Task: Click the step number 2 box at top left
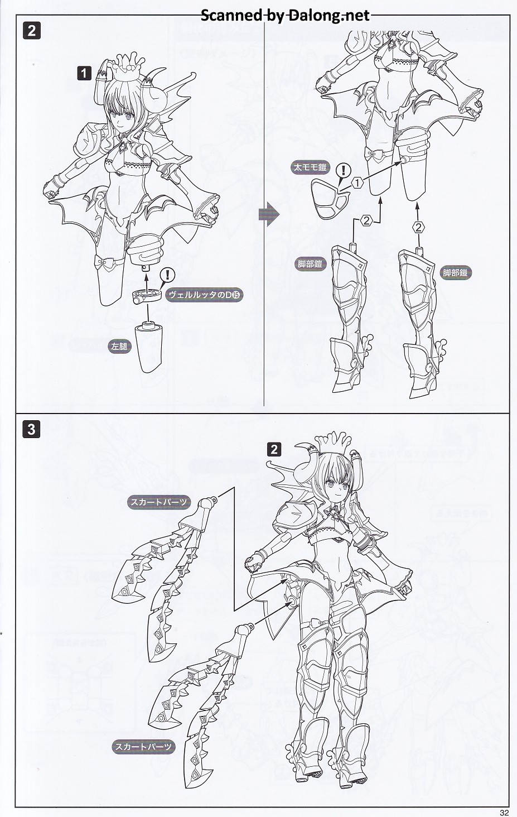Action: click(31, 31)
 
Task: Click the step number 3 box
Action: click(31, 429)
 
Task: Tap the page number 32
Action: click(504, 813)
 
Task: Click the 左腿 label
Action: click(119, 346)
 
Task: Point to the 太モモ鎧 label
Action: click(310, 167)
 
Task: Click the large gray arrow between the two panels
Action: click(269, 214)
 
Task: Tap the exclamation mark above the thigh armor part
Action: click(343, 170)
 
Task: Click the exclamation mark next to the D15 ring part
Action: click(168, 275)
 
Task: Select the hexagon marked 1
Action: click(357, 182)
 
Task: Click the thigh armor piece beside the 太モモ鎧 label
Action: click(329, 200)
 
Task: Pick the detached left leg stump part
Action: click(148, 347)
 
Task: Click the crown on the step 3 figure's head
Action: click(332, 445)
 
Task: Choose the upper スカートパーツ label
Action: click(158, 502)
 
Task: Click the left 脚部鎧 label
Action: click(310, 264)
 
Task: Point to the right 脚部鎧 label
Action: click(456, 272)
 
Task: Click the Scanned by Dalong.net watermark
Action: click(286, 15)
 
